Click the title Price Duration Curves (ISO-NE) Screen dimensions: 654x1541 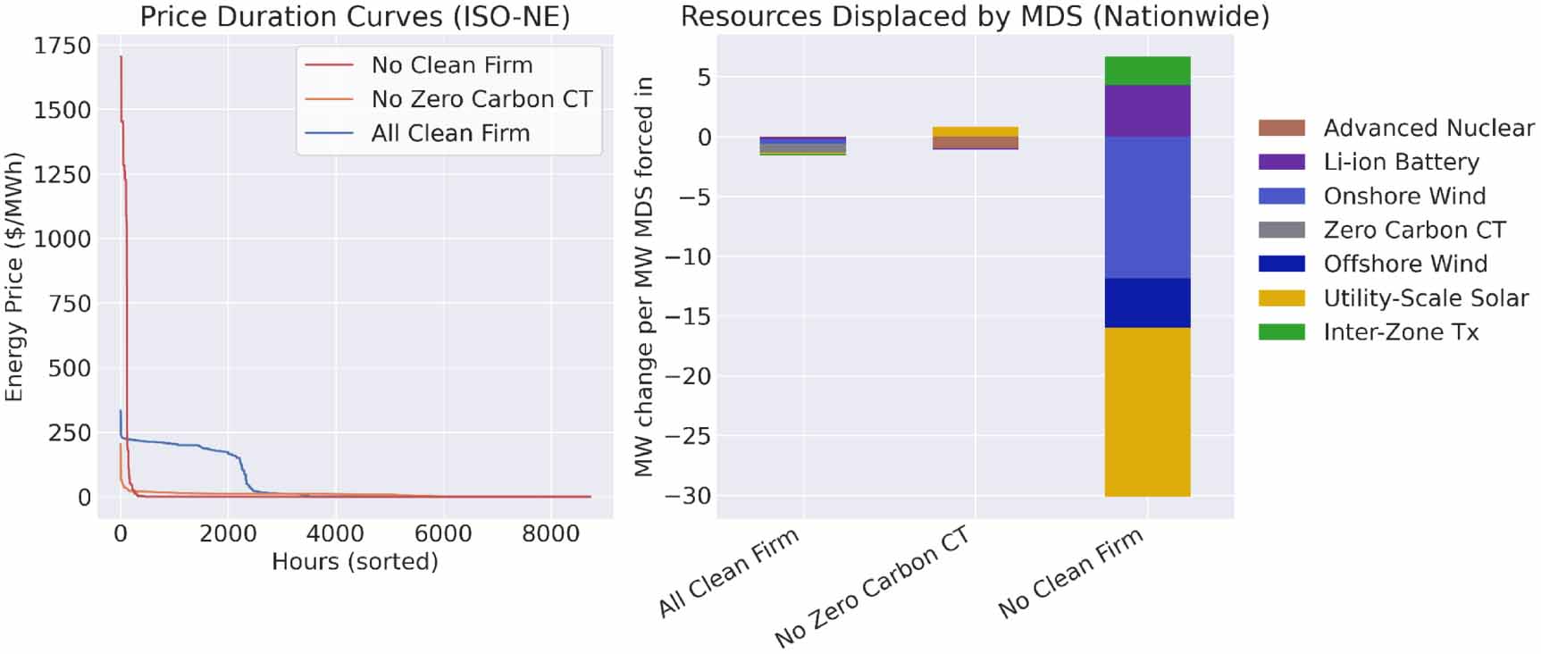point(355,16)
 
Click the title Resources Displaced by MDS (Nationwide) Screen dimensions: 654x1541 point(975,16)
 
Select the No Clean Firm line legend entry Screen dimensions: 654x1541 point(451,65)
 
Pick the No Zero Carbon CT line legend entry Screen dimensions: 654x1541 point(482,99)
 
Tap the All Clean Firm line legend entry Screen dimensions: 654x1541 point(450,133)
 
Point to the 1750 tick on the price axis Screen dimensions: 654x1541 point(63,46)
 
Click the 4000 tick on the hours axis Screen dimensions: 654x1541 point(335,533)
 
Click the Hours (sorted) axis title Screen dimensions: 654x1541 point(355,562)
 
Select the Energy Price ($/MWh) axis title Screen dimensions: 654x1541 point(14,277)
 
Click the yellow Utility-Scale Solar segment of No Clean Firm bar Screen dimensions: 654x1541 point(1147,411)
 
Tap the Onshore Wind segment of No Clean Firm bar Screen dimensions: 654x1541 point(1147,207)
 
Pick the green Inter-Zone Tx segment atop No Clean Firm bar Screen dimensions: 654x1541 point(1147,71)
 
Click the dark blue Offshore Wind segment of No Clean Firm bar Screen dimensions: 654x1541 point(1147,303)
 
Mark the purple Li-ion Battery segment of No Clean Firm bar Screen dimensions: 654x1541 point(1147,111)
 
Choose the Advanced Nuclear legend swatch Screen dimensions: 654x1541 point(1281,128)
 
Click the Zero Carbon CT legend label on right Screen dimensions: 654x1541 point(1414,231)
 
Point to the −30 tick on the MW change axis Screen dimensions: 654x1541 point(688,496)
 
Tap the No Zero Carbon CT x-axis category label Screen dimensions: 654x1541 point(873,586)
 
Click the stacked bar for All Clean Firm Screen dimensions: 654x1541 point(802,146)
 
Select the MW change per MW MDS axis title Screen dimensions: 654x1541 point(644,277)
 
